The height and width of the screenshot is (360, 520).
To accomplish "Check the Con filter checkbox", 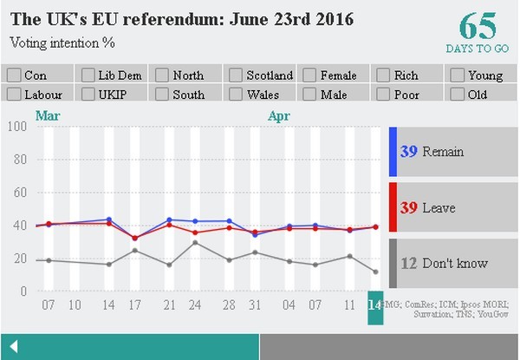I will [14, 76].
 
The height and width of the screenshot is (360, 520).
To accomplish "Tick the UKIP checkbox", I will [88, 95].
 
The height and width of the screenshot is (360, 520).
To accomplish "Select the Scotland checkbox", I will [236, 76].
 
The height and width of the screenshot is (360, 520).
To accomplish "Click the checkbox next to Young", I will [458, 76].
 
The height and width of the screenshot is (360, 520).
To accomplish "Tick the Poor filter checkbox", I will [384, 95].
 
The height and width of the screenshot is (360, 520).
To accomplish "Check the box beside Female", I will [309, 76].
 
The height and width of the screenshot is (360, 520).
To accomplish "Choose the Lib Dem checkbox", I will [88, 76].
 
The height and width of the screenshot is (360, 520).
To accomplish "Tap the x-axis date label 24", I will [195, 305].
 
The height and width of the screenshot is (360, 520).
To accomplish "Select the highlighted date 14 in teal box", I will [375, 306].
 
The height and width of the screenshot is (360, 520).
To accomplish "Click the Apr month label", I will [278, 115].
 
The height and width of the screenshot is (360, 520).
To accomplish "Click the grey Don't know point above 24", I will [195, 242].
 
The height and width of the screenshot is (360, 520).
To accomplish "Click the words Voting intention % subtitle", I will [62, 42].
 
